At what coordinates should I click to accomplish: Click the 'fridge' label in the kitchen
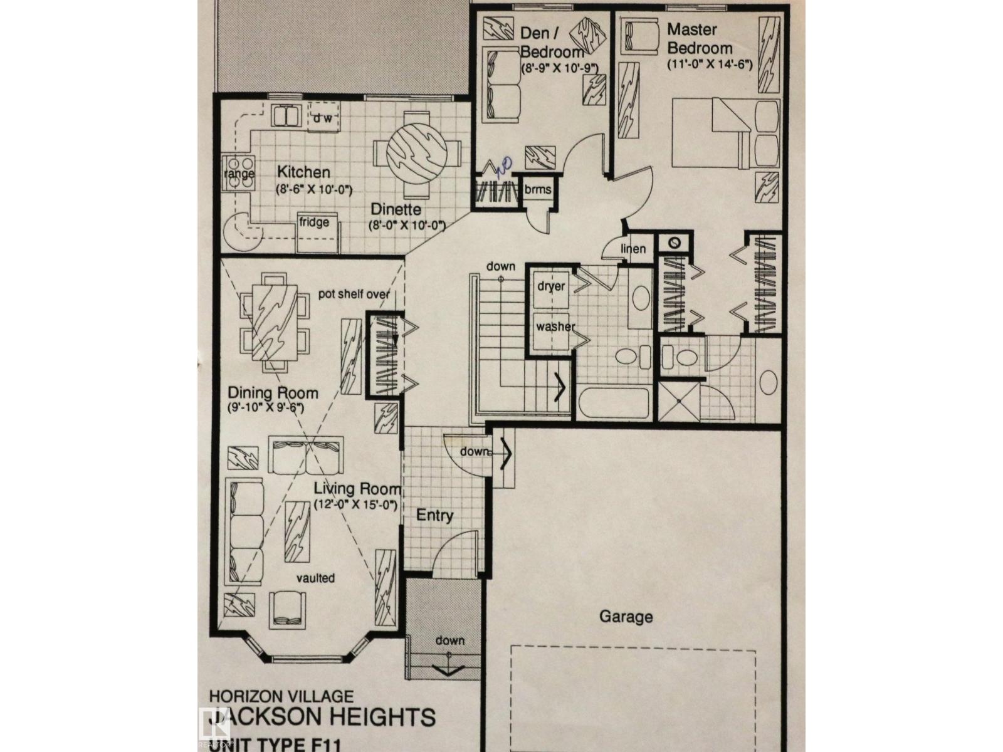314,222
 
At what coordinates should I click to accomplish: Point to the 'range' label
239,174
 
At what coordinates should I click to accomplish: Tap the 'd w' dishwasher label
323,118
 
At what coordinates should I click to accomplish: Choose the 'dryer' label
551,286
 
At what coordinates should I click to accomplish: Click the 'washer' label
555,326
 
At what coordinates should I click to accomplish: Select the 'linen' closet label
633,249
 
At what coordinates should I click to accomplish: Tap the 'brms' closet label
538,189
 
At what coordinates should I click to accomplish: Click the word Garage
626,617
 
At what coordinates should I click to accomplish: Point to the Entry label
435,516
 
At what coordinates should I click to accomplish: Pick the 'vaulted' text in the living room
316,578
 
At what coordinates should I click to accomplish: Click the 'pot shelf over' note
354,294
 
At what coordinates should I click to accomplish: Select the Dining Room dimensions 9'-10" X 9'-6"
266,408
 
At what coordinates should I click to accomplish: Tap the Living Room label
357,489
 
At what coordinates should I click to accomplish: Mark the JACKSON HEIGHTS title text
320,716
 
